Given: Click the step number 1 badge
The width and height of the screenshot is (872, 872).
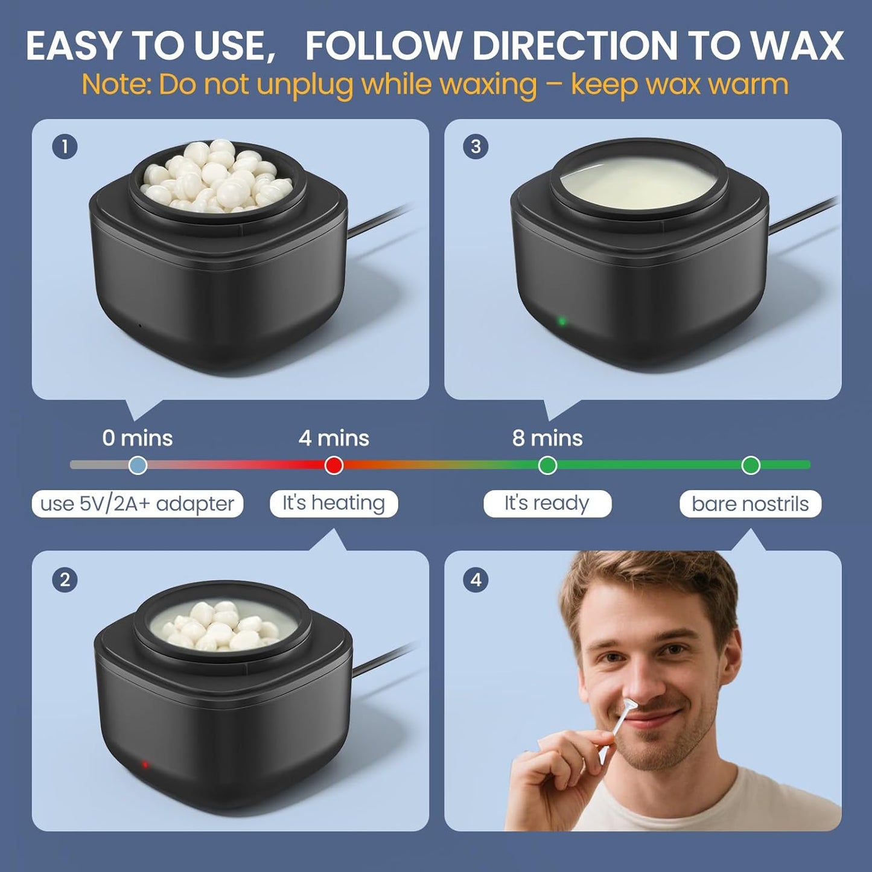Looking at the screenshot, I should point(65,147).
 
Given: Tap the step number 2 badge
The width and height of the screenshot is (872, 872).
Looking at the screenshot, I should point(65,580).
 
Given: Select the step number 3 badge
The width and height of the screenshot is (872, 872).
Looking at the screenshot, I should point(476,147).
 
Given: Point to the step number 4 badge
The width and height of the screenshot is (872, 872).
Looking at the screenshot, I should point(476,580).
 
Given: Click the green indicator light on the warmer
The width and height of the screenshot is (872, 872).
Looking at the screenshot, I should point(562,321).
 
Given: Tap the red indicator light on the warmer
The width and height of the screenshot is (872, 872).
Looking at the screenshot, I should point(145,765).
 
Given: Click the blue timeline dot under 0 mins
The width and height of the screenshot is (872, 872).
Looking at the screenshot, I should point(138,465).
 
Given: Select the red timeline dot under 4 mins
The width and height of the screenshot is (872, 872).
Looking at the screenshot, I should point(334,465).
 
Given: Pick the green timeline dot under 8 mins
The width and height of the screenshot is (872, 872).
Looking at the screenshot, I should point(547,465).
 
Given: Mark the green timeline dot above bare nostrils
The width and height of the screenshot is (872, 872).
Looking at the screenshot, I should point(751,465).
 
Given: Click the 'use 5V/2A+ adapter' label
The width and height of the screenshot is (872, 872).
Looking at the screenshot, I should point(138,504).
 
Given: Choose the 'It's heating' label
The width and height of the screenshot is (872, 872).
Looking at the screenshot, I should point(334,503).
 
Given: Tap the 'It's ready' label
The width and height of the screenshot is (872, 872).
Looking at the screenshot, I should point(547,503).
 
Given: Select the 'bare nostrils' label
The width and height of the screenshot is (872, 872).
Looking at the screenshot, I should point(750,504).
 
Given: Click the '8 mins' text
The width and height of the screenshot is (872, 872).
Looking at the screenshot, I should point(547,438).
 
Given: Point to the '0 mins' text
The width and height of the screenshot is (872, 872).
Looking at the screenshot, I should point(138,438).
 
